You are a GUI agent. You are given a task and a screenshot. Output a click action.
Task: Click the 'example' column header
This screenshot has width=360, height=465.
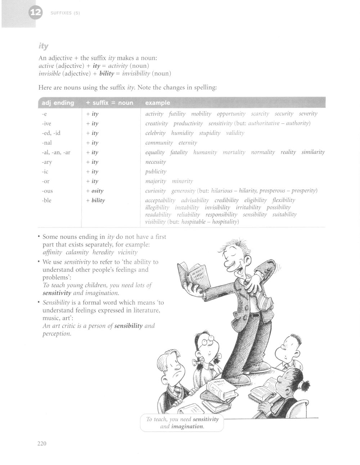[x=157, y=103]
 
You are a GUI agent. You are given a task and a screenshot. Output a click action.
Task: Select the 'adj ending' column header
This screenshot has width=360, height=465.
[x=58, y=103]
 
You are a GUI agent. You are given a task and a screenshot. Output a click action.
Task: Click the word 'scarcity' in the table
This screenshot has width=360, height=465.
[x=260, y=114]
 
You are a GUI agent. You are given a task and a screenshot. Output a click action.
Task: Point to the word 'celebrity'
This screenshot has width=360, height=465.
[x=155, y=133]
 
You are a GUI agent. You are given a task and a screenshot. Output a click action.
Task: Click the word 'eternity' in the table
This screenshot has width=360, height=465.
[x=188, y=143]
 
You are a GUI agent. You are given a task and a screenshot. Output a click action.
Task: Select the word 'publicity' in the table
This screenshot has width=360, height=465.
[x=156, y=172]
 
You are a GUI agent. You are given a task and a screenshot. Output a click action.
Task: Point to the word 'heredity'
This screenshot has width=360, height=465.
[x=103, y=252]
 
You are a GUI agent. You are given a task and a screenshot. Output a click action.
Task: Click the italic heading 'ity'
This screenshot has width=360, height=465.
[x=44, y=46]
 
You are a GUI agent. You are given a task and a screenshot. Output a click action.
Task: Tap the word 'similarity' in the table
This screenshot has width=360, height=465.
[x=313, y=152]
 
